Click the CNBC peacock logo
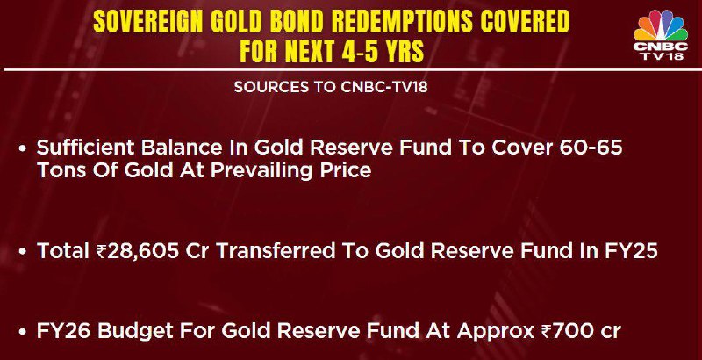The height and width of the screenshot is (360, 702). point(661,35)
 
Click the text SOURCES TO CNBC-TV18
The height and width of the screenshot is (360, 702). point(331,87)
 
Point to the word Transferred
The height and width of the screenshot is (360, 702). point(276,251)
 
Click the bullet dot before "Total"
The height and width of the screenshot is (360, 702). point(23,252)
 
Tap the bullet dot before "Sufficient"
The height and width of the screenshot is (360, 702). point(23,148)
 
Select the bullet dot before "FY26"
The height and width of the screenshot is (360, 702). point(23,332)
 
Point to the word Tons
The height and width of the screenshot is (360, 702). point(57,171)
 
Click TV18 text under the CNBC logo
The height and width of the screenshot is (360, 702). point(661,56)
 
